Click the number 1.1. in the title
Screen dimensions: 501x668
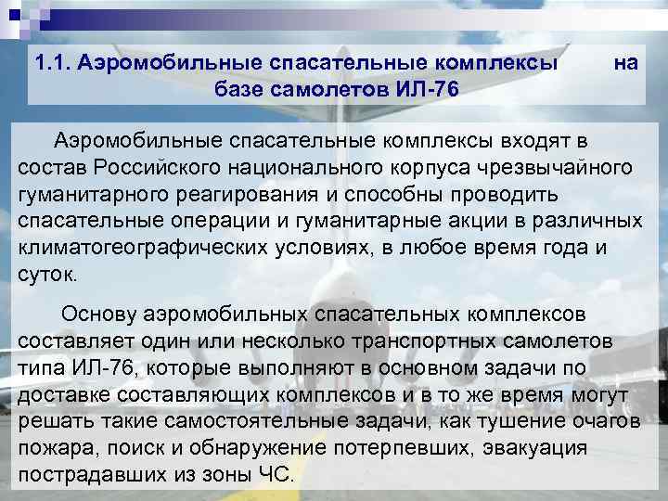point(52,64)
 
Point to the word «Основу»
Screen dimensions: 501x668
point(100,314)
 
